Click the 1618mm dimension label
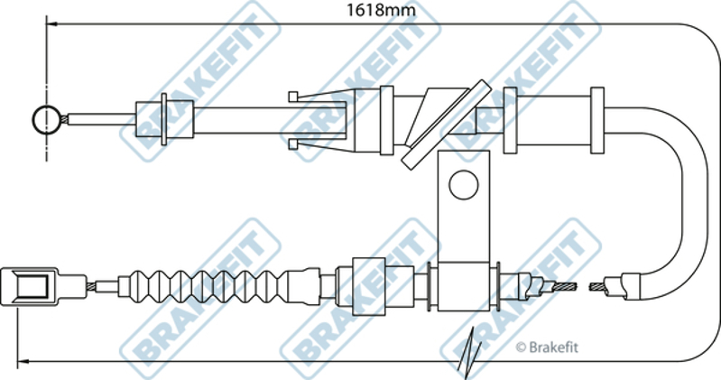click(381, 10)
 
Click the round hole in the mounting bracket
click(464, 184)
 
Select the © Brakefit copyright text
click(547, 347)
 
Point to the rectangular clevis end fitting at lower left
click(29, 287)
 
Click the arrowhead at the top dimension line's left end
click(51, 23)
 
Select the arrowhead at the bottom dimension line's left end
click(23, 361)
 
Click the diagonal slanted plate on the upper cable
click(444, 125)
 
